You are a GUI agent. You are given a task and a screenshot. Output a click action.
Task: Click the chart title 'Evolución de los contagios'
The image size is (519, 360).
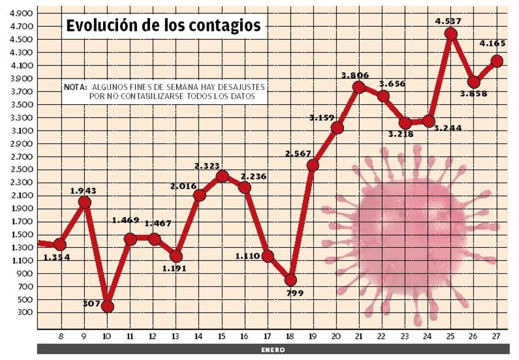[x=163, y=26]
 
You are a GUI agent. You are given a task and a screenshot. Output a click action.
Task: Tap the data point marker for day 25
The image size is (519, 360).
[x=451, y=34]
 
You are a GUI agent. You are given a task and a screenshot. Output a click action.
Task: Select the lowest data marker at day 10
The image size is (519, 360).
[x=107, y=307]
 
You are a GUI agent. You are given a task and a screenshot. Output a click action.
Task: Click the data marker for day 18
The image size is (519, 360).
[x=291, y=280]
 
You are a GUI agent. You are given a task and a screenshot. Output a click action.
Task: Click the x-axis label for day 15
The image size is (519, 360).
[x=222, y=336]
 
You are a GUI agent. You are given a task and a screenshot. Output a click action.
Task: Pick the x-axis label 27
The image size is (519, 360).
[x=497, y=336]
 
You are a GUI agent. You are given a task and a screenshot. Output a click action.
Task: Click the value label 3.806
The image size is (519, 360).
[x=355, y=76]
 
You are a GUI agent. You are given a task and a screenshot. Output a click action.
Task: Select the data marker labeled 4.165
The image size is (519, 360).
[x=497, y=61]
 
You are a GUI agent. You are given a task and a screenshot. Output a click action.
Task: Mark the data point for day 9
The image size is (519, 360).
[x=85, y=202]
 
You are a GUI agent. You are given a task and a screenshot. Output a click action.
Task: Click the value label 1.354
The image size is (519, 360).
[x=57, y=258]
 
